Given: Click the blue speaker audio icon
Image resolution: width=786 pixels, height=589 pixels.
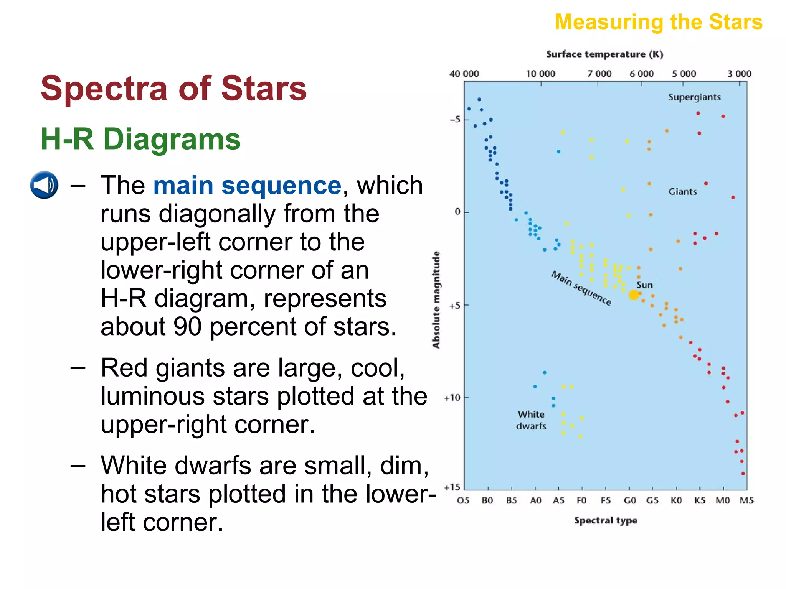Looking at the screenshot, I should [44, 185].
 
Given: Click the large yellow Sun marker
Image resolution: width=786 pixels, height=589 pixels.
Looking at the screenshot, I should [634, 295].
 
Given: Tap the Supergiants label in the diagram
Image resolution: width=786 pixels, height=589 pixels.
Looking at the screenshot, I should [694, 97].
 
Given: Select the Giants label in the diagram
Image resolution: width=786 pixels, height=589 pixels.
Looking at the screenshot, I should [682, 192].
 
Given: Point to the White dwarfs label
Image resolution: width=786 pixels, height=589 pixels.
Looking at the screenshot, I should [531, 420].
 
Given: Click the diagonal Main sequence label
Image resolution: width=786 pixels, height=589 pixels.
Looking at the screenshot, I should [581, 288].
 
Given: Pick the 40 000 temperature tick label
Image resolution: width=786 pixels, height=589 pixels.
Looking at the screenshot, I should [464, 74].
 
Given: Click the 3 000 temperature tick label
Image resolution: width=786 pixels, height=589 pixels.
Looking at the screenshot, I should [739, 74].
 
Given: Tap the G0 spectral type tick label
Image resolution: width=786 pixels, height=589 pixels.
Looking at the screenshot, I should [629, 500].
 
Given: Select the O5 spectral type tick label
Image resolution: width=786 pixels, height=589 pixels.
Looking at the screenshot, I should [463, 500].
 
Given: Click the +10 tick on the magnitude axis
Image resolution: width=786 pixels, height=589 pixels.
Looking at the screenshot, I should [452, 398].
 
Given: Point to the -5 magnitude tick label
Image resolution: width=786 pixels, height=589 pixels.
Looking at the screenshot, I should [455, 120].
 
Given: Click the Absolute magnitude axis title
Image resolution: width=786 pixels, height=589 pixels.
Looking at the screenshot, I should [436, 299].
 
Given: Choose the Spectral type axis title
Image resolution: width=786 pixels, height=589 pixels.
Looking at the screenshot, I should [605, 520].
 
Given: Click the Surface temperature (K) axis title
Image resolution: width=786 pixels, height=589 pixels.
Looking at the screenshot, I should [604, 54].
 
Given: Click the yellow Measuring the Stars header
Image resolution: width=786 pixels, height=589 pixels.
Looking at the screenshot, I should [658, 22].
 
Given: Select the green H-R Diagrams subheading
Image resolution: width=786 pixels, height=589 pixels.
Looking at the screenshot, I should [140, 139].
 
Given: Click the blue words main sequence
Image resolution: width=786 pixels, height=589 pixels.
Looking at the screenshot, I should [247, 186].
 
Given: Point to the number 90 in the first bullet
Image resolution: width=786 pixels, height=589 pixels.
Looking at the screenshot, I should [187, 327].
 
